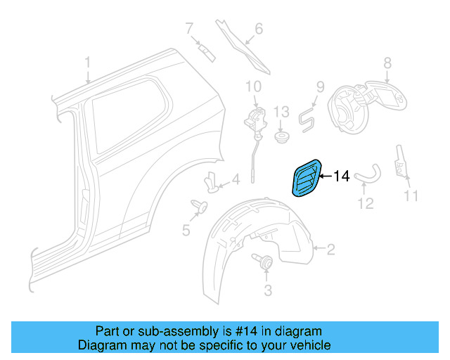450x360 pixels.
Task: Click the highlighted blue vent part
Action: [305, 178]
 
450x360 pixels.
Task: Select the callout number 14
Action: [340, 176]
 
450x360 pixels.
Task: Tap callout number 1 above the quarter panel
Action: [88, 63]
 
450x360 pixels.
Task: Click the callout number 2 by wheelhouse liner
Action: [331, 247]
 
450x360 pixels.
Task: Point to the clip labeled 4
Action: [212, 182]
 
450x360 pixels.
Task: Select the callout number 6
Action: [258, 29]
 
